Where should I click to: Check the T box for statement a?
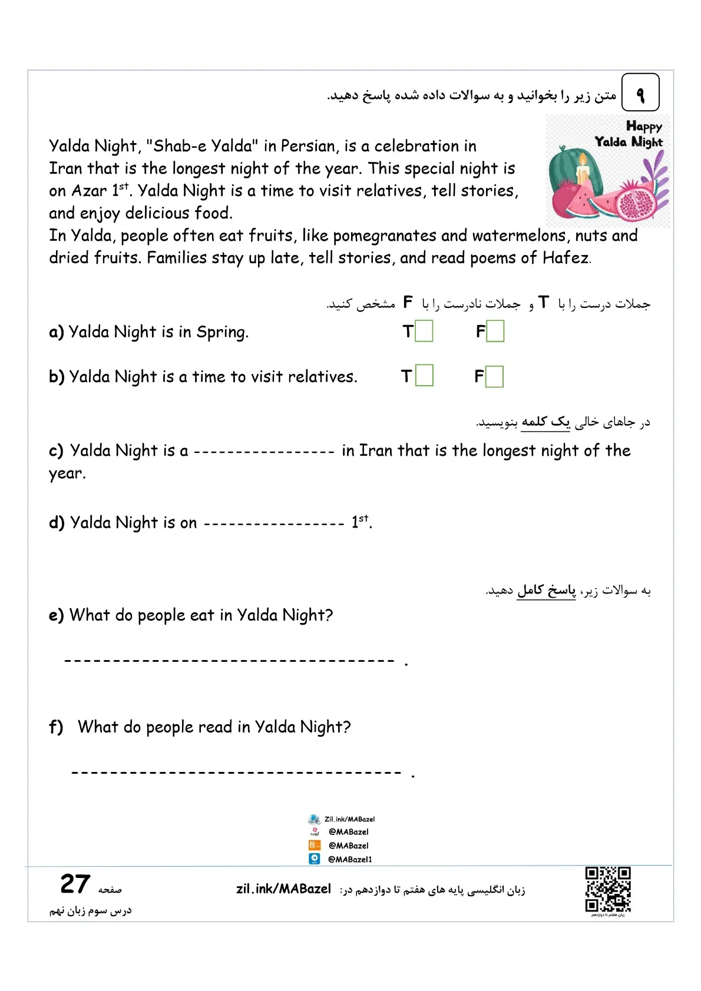pos(424,331)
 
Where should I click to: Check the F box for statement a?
pos(495,331)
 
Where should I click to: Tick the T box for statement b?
pos(424,376)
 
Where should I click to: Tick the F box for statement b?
pos(495,376)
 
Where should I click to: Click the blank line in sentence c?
pos(264,452)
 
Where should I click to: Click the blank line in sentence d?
pos(274,523)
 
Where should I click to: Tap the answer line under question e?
pos(229,661)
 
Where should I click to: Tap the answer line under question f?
pos(236,773)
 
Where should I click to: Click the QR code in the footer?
pos(608,890)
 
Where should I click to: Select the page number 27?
pos(75,884)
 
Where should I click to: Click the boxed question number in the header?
pos(640,92)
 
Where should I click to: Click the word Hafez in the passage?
pos(566,258)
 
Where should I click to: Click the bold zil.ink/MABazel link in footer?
pos(283,889)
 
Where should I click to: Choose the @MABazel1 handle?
pos(350,860)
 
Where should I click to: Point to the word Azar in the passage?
pos(89,191)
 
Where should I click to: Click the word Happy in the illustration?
pos(644,127)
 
